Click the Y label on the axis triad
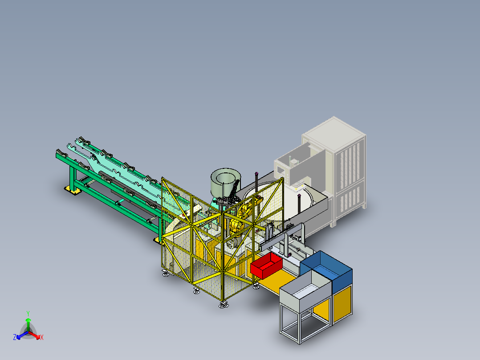pos(28,313)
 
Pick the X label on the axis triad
pos(42,337)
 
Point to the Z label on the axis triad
pos(15,337)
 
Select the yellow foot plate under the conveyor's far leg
pos(72,190)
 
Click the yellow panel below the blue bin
pos(342,303)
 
